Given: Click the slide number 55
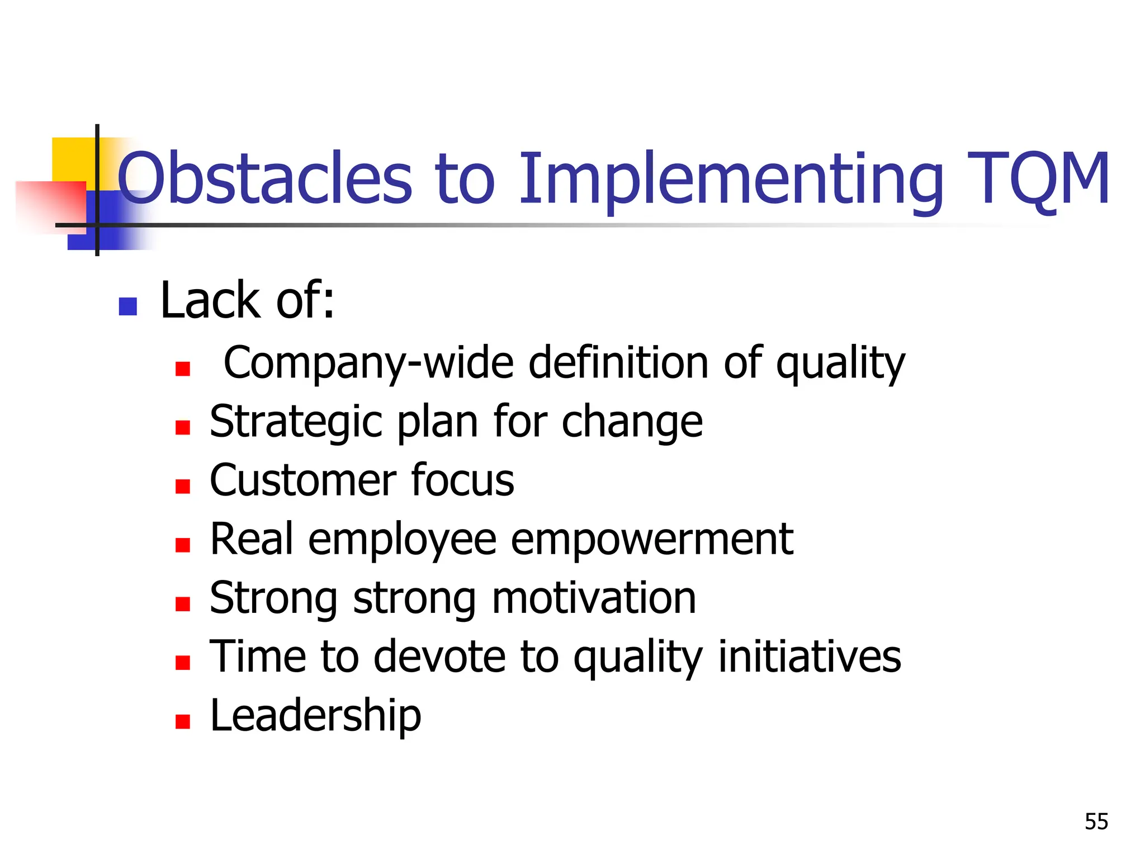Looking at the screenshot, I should coord(1096,822).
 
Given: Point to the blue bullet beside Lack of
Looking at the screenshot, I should coord(128,306).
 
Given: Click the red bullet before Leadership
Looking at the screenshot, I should coord(183,721).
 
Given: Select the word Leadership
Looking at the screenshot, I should coord(315,716).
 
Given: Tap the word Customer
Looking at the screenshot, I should coord(302,480).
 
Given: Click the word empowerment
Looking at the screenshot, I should coord(651,540).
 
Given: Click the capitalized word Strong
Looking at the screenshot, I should coord(273,598).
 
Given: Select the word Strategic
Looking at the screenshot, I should coord(296,423).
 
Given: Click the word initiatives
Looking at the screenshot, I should coord(809,657).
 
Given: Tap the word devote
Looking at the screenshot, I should coord(439,657).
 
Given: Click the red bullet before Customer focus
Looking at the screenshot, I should coord(183,486).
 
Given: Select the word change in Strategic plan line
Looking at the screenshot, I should coord(632,423).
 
